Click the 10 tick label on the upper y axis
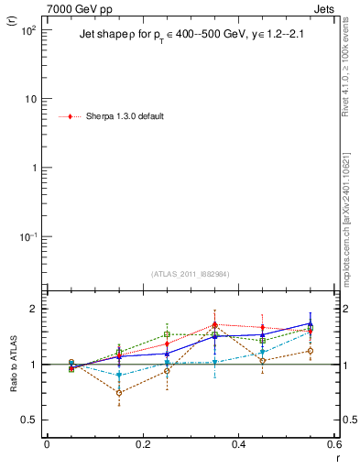(x=30, y=99)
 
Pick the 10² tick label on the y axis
(x=28, y=29)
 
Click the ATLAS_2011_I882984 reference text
(x=191, y=274)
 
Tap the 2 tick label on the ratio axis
(x=33, y=309)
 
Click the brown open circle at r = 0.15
(x=119, y=393)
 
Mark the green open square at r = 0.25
(x=167, y=334)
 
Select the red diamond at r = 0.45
(x=263, y=328)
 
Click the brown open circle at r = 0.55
(x=311, y=351)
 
